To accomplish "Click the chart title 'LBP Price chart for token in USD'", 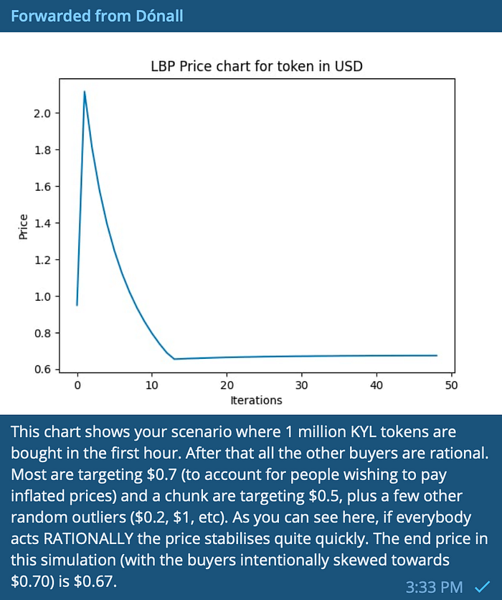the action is tap(257, 66).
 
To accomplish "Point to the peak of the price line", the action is tap(85, 91).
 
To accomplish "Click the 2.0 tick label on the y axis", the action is tap(42, 113).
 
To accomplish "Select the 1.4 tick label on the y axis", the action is tap(42, 223).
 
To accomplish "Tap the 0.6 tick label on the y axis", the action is tap(42, 370).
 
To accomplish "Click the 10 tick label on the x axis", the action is tap(152, 385).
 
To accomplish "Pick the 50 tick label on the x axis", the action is tap(451, 385).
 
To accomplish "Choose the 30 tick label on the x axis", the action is tap(302, 385).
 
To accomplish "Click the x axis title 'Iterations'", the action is tap(256, 400).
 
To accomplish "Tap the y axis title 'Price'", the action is tap(24, 227).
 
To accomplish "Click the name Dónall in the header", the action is tap(159, 16).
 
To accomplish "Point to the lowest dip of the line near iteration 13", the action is tap(174, 359).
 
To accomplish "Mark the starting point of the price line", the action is tap(77, 305).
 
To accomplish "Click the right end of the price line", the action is tap(437, 355).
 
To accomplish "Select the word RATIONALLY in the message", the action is tap(88, 539).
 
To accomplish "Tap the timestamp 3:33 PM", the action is tap(434, 587).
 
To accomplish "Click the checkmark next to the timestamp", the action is tap(483, 586).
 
